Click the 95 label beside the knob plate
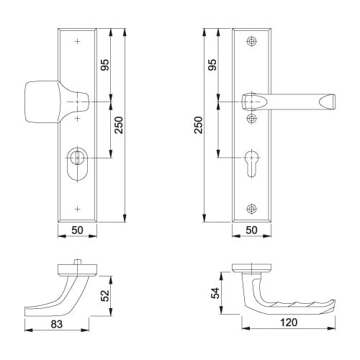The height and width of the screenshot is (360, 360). click(x=105, y=66)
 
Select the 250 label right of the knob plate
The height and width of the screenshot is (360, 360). click(x=120, y=126)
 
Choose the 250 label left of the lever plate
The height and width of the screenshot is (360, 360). click(x=198, y=126)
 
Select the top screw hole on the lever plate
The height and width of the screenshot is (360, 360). click(x=251, y=42)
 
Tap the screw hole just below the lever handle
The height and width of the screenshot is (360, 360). click(x=251, y=117)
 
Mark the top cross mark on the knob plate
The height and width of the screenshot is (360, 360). click(x=77, y=42)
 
